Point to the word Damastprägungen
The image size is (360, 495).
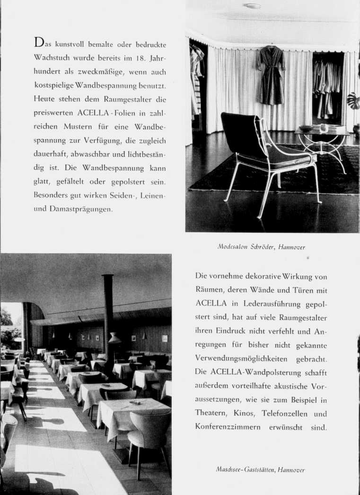point(81,209)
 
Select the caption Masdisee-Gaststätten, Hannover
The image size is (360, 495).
point(261,469)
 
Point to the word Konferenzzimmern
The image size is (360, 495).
point(229,426)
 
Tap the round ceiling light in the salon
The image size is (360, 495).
point(252,6)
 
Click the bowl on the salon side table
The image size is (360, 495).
point(307,128)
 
